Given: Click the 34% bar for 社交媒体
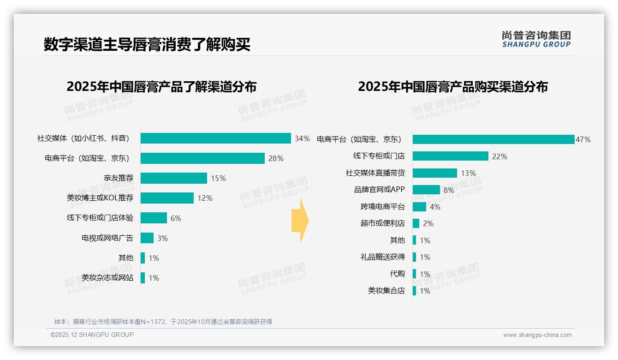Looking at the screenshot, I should [215, 138].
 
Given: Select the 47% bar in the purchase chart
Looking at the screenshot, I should [493, 139].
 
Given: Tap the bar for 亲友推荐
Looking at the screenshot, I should [174, 178].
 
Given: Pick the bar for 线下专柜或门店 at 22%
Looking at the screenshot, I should [450, 156].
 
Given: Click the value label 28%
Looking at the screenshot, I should [276, 158].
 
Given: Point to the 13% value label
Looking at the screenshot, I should [468, 173].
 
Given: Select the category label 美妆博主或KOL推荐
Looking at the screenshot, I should [100, 198].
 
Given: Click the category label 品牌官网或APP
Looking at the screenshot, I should [379, 190].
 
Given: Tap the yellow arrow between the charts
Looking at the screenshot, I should [300, 221].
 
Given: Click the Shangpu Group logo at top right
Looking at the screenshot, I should [536, 39].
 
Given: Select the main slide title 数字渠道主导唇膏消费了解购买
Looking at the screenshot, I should [147, 45].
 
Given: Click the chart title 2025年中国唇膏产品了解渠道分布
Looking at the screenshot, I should [161, 87].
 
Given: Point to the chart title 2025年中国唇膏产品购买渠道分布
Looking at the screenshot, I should [452, 87].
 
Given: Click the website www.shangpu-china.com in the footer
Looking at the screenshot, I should [537, 335].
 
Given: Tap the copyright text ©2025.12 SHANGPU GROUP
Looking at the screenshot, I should [92, 335].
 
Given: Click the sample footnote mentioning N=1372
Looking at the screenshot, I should [163, 322].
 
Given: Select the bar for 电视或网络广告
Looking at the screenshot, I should [147, 238].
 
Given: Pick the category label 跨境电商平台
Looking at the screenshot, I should [382, 207].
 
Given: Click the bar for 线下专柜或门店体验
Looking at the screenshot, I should [154, 218].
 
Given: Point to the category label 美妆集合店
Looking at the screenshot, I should [386, 291].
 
